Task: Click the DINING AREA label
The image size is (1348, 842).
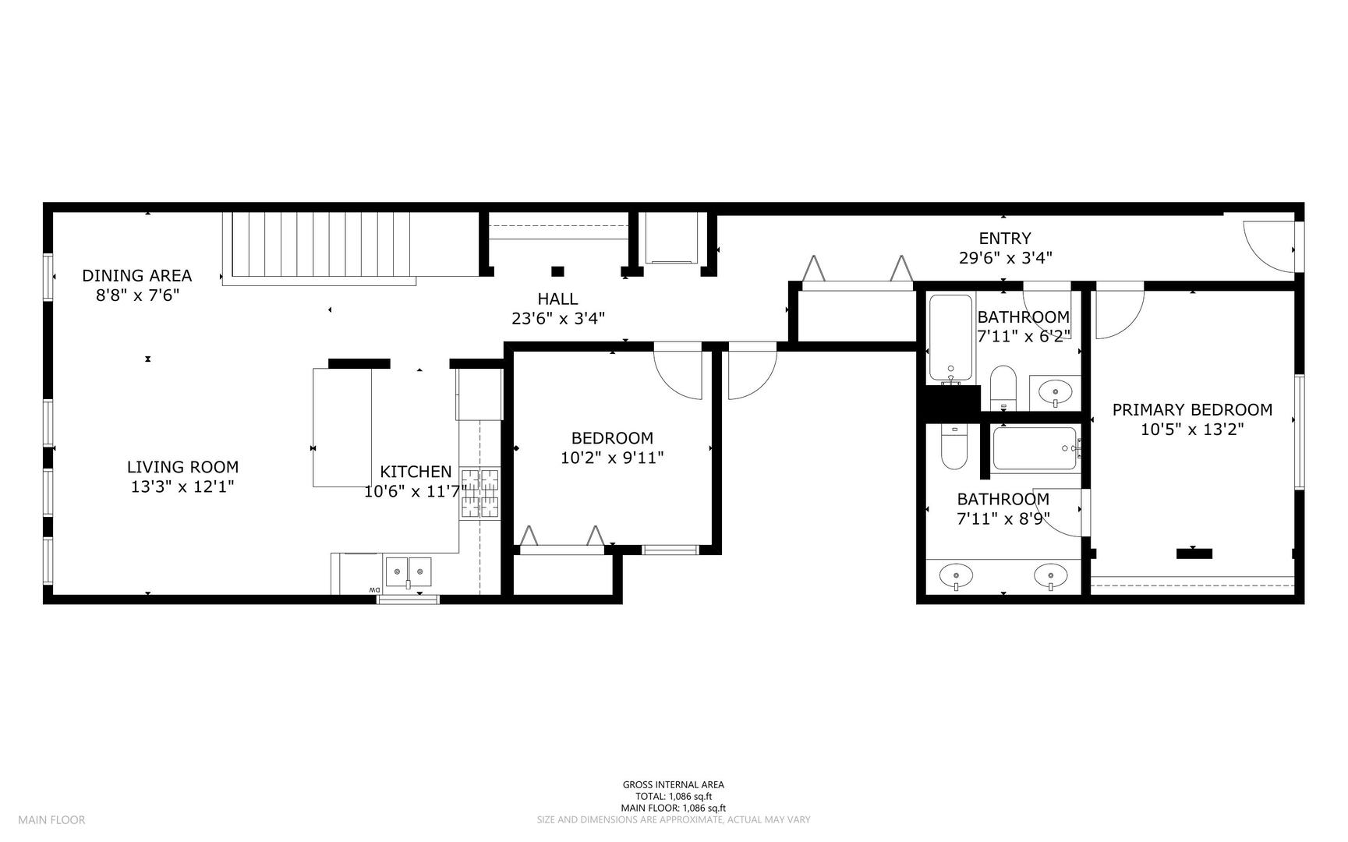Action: coord(137,275)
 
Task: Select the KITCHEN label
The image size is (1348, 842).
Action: coord(416,472)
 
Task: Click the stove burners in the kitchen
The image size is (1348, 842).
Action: coord(479,493)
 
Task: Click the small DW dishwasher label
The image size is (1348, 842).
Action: coord(374,590)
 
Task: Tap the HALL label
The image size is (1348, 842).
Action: coord(557,299)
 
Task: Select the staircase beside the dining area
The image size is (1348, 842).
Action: coord(320,244)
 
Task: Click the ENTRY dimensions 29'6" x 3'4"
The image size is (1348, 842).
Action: coord(1005,258)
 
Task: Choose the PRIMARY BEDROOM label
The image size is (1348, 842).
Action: coord(1192,409)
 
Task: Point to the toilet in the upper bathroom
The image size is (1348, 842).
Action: coord(1003,387)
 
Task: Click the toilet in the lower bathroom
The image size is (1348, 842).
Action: coord(954,446)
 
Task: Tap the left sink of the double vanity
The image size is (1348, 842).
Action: coord(956,577)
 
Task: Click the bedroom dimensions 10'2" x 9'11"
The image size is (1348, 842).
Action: coord(612,458)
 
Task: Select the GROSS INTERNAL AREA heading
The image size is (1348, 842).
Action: coord(674,785)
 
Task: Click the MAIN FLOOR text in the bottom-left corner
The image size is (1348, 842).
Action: coord(51,819)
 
